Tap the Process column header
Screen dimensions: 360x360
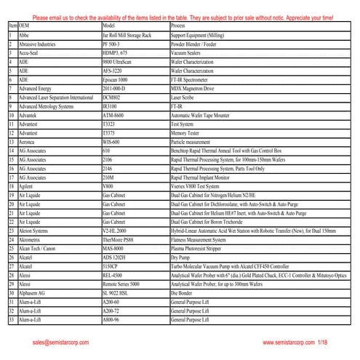tap(179, 25)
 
